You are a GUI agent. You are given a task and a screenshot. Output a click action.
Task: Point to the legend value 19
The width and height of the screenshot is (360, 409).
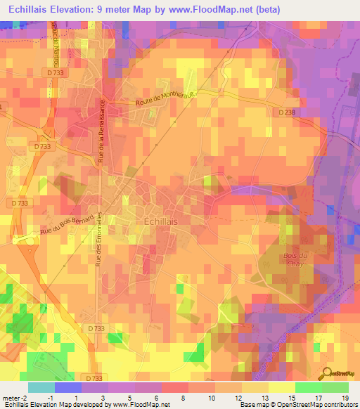345,398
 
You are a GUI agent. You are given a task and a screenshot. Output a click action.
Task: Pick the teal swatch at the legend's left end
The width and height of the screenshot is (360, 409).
41,387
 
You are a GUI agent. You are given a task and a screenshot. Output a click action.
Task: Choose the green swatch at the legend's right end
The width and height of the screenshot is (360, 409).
335,387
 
